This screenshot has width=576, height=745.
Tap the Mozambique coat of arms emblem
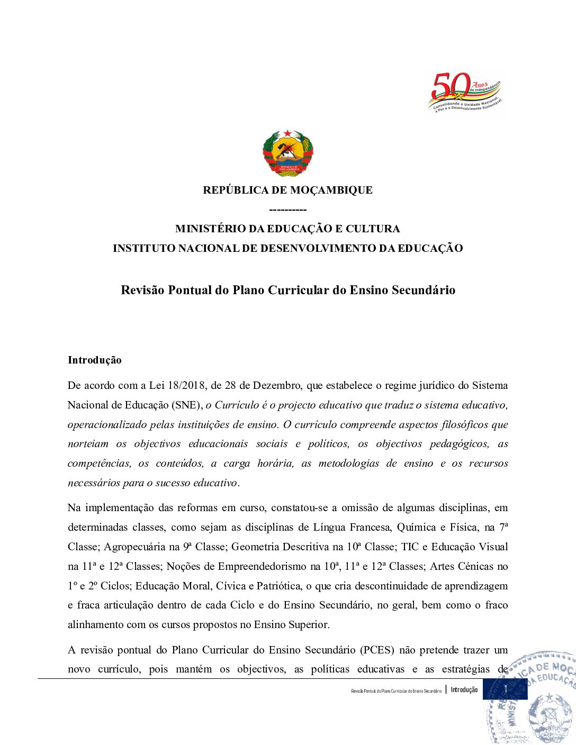tap(287, 153)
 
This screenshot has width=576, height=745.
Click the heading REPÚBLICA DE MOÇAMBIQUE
tap(287, 190)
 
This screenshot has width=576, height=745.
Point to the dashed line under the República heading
tap(287, 210)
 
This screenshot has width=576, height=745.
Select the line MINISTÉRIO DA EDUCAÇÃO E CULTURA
tap(287, 229)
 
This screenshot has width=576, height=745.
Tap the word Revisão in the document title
tap(143, 290)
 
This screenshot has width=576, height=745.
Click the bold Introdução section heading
tap(95, 360)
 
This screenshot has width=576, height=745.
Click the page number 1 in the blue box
tap(505, 689)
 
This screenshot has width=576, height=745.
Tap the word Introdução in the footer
tap(464, 689)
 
